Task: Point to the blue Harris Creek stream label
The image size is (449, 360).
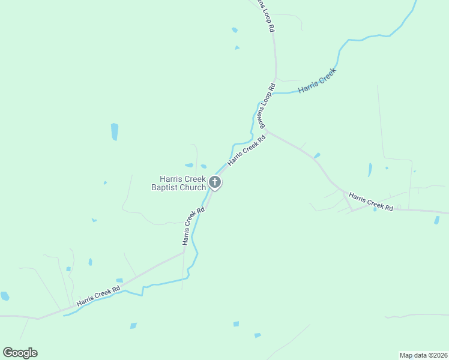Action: click(318, 81)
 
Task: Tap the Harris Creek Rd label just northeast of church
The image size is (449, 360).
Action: click(246, 151)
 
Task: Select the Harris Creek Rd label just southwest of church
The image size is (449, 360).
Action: click(194, 226)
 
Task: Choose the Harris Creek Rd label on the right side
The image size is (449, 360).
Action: click(370, 202)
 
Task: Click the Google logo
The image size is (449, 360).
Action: click(20, 353)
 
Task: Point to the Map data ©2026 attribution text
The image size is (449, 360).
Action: click(423, 355)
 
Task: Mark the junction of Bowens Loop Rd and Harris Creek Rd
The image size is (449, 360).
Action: click(265, 130)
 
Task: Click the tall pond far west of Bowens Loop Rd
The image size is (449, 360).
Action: click(115, 131)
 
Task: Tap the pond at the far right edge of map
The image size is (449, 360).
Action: click(436, 220)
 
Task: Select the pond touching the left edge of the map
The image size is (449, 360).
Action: click(5, 296)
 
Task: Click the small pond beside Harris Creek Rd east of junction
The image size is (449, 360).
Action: click(317, 155)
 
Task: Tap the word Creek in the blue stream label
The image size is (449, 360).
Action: click(327, 76)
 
